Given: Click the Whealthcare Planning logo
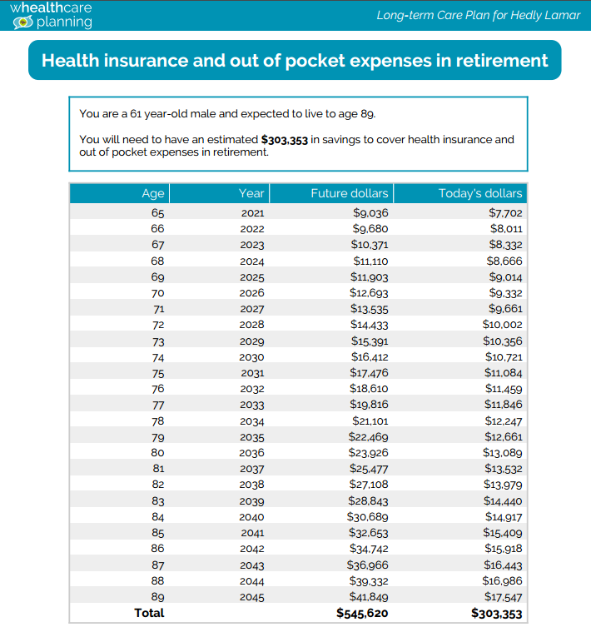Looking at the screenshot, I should click(x=51, y=15).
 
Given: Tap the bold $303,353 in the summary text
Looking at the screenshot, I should click(x=284, y=140).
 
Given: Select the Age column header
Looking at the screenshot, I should click(x=153, y=193).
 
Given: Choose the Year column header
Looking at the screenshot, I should click(x=251, y=193).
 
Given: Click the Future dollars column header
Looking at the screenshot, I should click(x=349, y=193).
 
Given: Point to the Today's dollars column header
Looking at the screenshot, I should click(x=480, y=193).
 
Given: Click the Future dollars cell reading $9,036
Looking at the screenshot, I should click(x=370, y=213).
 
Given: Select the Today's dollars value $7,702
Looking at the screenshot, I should click(x=505, y=213).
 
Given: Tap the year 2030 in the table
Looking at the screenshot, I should click(x=252, y=356).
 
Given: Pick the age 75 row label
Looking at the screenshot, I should click(x=157, y=372).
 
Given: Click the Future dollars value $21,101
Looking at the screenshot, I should click(x=369, y=421).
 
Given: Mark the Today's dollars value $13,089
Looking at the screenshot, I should click(x=503, y=453).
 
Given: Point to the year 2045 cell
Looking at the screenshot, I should click(x=252, y=597).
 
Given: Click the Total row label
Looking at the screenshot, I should click(x=150, y=613).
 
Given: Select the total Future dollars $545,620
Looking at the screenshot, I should click(x=362, y=614).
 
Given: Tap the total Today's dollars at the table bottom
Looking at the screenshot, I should click(x=497, y=614).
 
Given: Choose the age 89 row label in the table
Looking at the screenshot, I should click(x=157, y=597).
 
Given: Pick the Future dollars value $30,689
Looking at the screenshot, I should click(x=369, y=517).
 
